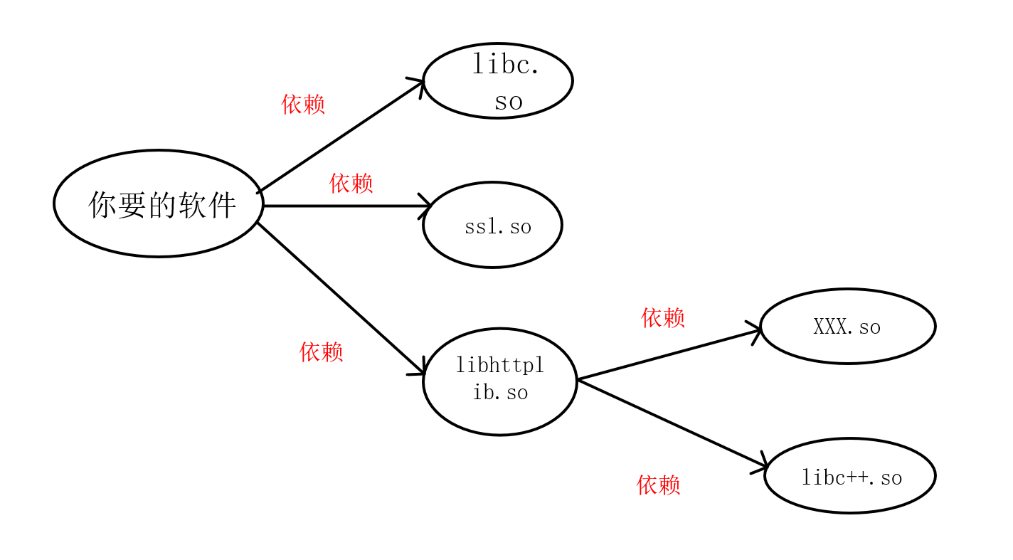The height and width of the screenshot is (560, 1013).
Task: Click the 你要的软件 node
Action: (159, 204)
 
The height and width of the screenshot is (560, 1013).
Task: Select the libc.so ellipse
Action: (498, 80)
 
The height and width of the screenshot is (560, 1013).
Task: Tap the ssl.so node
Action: (492, 225)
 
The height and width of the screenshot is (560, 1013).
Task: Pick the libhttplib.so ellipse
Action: (499, 381)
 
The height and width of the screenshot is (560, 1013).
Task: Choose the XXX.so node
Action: (847, 326)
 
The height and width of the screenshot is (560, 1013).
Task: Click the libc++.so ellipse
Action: (849, 475)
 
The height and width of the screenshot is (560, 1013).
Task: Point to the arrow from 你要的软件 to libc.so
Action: (340, 137)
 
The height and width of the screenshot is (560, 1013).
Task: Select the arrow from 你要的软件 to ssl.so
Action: (345, 206)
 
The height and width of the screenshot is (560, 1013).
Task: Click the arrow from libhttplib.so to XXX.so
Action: (669, 354)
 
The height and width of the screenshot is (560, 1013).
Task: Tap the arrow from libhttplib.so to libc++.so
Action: (672, 423)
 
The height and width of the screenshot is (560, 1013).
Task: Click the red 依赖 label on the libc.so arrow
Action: (303, 104)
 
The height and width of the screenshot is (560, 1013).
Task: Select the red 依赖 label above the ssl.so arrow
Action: (351, 183)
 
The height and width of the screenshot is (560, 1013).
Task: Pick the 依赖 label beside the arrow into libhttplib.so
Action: (321, 352)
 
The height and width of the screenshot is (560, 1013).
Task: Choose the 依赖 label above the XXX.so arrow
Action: (662, 317)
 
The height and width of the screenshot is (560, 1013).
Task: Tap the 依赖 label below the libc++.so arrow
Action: (658, 485)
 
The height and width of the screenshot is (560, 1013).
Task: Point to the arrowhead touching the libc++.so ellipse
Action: (761, 465)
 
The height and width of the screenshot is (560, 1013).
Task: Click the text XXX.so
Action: (847, 327)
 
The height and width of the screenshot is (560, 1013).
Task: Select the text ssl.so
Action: (498, 227)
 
